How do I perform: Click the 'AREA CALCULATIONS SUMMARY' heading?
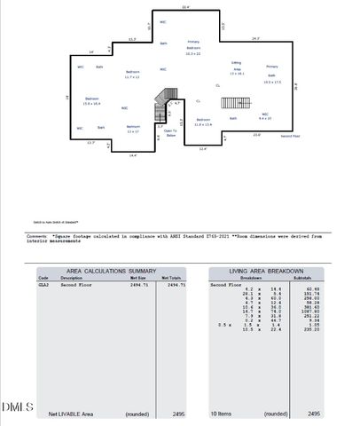[x=106, y=271]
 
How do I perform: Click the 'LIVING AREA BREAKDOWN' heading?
[x=267, y=271]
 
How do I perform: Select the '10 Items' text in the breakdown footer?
[x=223, y=414]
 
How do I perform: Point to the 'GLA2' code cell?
[x=43, y=285]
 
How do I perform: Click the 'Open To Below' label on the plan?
[x=171, y=133]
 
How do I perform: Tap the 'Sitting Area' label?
[x=237, y=68]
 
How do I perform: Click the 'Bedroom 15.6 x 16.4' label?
[x=91, y=101]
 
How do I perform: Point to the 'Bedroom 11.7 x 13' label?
[x=132, y=74]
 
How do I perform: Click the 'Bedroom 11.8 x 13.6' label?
[x=202, y=122]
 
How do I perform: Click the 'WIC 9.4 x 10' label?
[x=264, y=116]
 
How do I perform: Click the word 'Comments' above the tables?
[x=36, y=236]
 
